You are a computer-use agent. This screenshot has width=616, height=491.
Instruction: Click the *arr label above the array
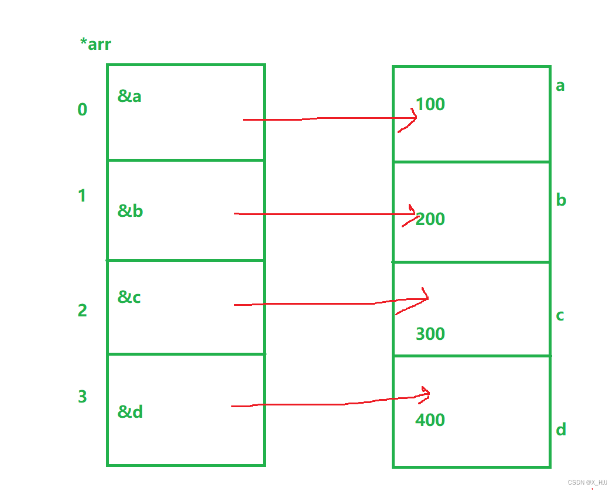95,44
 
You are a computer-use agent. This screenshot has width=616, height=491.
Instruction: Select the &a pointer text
129,96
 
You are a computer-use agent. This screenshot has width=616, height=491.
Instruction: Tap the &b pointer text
130,211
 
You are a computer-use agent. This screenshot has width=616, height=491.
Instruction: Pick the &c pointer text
129,298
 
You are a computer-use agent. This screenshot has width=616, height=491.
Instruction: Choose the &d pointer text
130,412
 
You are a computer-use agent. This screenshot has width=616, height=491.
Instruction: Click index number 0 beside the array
83,110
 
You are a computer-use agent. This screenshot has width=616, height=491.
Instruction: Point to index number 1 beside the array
82,196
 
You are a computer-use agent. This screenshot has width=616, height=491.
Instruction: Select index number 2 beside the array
83,311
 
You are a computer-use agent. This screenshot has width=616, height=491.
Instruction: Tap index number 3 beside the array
83,397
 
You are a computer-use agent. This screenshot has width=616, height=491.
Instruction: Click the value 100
430,104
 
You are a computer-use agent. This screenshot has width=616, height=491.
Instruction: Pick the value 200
430,219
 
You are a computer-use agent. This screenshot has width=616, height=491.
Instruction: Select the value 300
430,334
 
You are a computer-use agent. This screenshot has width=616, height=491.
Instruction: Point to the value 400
430,420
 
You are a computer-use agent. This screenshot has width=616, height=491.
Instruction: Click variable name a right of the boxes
560,86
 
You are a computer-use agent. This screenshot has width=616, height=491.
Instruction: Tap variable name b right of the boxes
561,200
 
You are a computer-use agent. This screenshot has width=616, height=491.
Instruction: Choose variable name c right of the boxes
560,316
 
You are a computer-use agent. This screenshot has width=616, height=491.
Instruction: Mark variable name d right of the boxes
561,430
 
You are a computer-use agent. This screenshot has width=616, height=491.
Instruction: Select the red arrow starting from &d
328,404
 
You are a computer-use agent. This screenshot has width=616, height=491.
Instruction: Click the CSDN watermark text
587,482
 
